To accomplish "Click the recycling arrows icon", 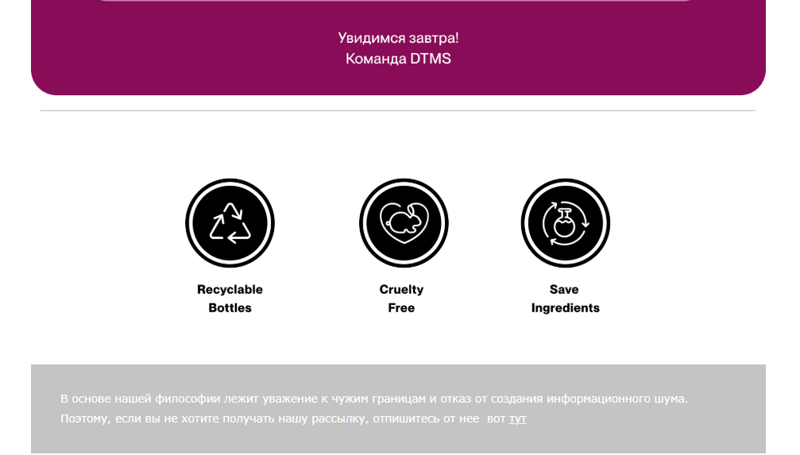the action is [230, 223].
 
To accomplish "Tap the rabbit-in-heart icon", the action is [404, 223].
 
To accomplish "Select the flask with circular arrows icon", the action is [566, 223].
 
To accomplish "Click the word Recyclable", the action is [230, 290].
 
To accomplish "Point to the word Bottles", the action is [230, 308].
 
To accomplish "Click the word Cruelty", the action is [401, 290].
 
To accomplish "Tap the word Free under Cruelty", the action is [401, 308].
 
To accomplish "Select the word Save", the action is [564, 290].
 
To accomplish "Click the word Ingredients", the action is [566, 308].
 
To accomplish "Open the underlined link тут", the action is [517, 418].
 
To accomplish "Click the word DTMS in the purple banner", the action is [431, 59].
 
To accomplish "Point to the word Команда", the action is [376, 59].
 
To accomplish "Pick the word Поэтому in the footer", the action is [86, 418].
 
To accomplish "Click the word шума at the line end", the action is [671, 399].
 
